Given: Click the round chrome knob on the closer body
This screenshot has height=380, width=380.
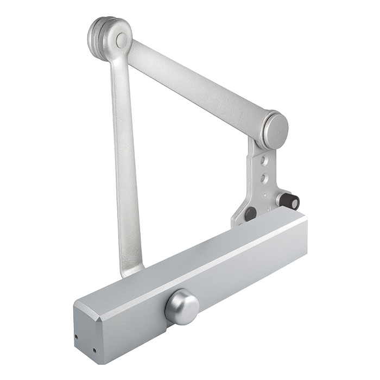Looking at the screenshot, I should pos(182,307).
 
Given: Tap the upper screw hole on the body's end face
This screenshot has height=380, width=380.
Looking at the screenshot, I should pos(77,335).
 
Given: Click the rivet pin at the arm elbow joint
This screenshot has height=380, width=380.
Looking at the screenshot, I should pos(122,39).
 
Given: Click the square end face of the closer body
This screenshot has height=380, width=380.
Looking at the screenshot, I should pos(87,337).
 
